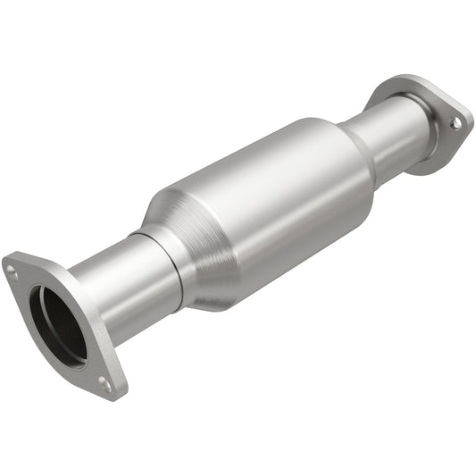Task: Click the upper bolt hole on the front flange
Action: (12, 268)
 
